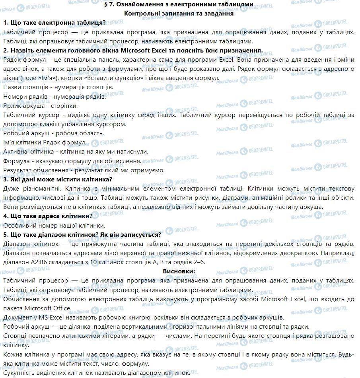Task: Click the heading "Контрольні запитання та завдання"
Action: (179, 13)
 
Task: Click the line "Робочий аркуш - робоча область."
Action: (53, 133)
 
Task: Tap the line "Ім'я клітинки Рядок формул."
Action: (44, 142)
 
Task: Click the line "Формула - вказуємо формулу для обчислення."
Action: (72, 161)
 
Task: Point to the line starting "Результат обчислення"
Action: (83, 170)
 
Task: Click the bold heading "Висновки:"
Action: (179, 271)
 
